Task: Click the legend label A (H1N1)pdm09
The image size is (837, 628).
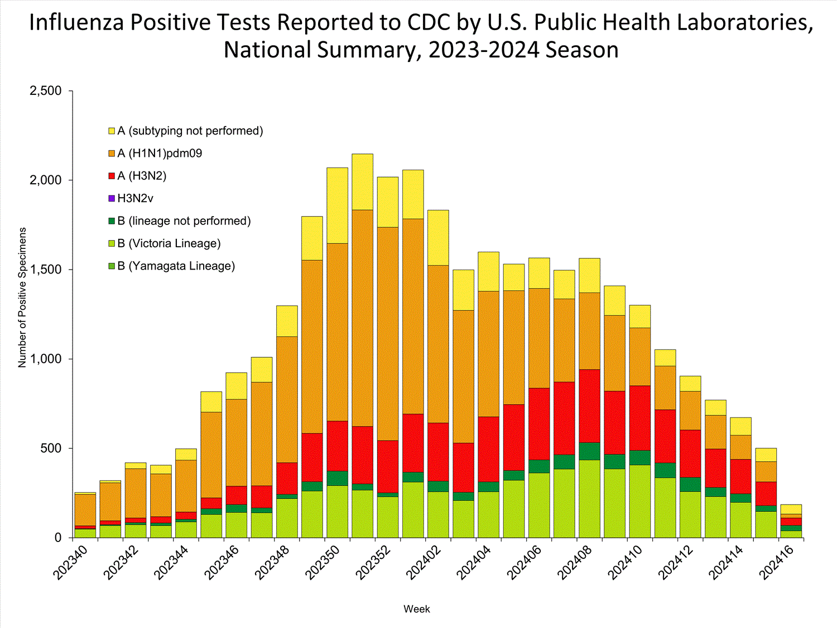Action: pos(160,154)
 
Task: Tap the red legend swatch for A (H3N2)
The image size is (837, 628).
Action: pos(112,176)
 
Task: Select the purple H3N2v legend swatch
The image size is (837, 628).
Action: pos(112,199)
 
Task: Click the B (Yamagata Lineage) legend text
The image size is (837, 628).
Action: pos(176,266)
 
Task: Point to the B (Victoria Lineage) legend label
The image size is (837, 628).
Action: pos(169,243)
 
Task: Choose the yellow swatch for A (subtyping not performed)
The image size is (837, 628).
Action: pos(112,131)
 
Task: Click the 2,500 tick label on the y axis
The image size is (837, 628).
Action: pos(45,91)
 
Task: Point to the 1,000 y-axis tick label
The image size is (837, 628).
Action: pos(45,359)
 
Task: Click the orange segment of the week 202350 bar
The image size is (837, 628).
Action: pos(337,332)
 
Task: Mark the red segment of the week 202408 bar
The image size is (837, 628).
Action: pos(589,406)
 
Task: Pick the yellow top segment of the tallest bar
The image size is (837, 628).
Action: pos(362,181)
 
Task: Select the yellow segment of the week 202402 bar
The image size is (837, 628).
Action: pos(438,237)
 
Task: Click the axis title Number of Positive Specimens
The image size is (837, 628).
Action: pos(22,297)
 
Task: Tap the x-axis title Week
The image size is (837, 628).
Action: pos(416,609)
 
